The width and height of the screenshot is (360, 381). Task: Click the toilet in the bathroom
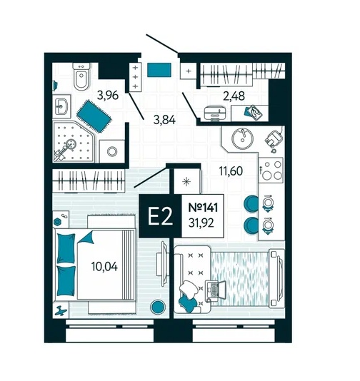pyautogui.click(x=81, y=76)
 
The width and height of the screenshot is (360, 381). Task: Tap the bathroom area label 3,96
pyautogui.click(x=108, y=96)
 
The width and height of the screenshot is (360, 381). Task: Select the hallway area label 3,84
pyautogui.click(x=164, y=120)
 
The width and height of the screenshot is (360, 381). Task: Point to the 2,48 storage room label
pyautogui.click(x=234, y=96)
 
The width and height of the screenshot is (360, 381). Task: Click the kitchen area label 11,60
pyautogui.click(x=231, y=171)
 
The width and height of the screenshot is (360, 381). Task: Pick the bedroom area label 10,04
pyautogui.click(x=104, y=267)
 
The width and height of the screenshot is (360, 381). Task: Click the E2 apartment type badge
pyautogui.click(x=160, y=216)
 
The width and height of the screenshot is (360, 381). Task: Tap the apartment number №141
pyautogui.click(x=203, y=208)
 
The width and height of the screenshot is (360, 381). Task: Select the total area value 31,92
pyautogui.click(x=201, y=223)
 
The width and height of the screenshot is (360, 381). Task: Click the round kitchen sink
pyautogui.click(x=243, y=138)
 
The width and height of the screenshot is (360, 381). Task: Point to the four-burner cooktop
pyautogui.click(x=271, y=170)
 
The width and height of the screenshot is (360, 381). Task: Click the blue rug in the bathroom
pyautogui.click(x=94, y=116)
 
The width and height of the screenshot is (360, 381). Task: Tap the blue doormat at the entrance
pyautogui.click(x=159, y=70)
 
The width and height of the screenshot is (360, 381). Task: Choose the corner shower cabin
pyautogui.click(x=74, y=142)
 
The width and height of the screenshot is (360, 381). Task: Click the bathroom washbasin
pyautogui.click(x=61, y=107)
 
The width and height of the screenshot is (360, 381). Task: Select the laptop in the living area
pyautogui.click(x=216, y=291)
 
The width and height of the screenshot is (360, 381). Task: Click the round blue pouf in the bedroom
pyautogui.click(x=158, y=307)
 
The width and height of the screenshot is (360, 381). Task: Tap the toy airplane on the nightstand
pyautogui.click(x=61, y=310)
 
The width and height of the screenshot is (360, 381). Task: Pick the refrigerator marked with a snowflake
pyautogui.click(x=187, y=181)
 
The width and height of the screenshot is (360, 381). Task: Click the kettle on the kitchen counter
pyautogui.click(x=274, y=139)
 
